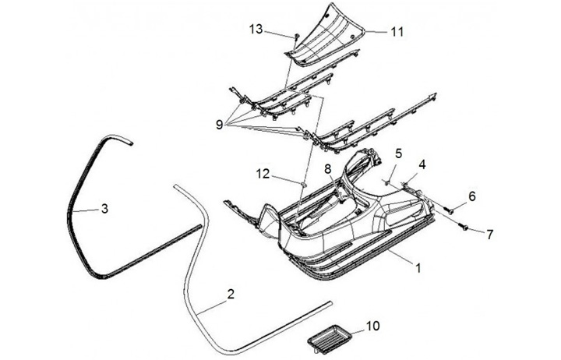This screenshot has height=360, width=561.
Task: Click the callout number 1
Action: click(x=418, y=267)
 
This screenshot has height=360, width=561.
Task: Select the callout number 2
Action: click(x=230, y=294)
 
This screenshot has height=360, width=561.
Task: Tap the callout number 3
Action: click(x=104, y=208)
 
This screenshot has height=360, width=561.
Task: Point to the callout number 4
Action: click(x=422, y=164)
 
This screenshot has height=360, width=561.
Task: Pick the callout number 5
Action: click(x=397, y=154)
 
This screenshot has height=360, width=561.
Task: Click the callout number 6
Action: click(x=471, y=196)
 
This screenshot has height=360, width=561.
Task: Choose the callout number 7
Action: click(x=489, y=234)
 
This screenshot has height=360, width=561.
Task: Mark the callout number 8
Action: click(x=328, y=168)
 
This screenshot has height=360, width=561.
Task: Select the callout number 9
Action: click(x=219, y=123)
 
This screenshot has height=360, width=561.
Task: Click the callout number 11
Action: click(x=397, y=32)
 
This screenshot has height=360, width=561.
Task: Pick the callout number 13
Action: click(x=256, y=29)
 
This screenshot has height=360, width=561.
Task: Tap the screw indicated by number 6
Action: click(x=448, y=209)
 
